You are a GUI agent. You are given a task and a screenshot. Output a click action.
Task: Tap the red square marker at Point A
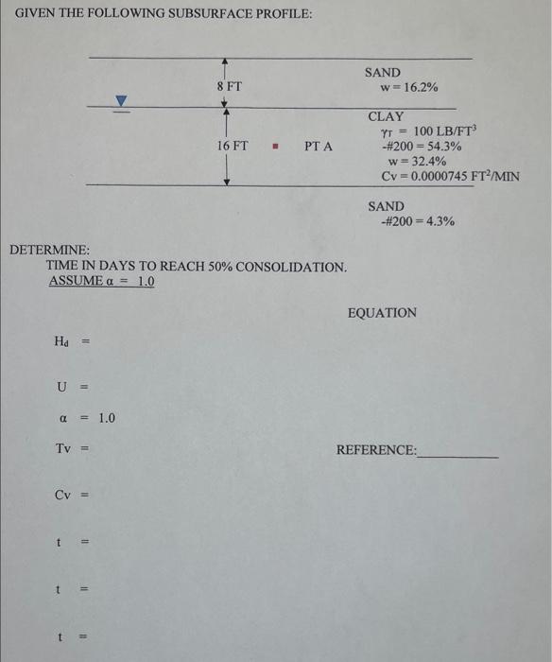[274, 147]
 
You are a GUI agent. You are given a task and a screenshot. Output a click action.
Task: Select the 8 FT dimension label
[230, 86]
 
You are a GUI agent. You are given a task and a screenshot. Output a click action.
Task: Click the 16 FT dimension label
[233, 147]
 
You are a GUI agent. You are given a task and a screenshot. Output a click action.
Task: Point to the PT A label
[319, 147]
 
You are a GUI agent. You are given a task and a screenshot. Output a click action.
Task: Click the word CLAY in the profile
[386, 115]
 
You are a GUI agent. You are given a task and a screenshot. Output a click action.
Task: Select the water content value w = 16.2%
[407, 87]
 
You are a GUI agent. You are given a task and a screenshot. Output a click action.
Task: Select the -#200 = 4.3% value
[417, 221]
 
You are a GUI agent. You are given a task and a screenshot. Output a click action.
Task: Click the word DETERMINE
[49, 250]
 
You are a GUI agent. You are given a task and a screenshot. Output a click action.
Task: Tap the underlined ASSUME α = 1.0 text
[101, 282]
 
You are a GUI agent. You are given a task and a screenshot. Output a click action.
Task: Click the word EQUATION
[382, 312]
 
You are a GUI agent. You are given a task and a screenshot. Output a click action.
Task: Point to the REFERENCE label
[376, 450]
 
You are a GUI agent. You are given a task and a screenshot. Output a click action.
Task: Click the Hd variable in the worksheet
[61, 341]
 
